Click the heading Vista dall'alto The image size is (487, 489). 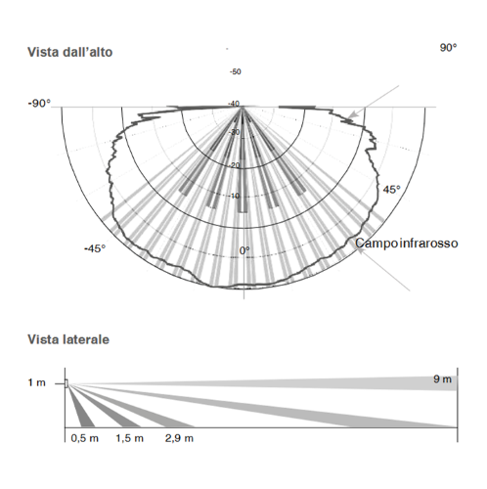pyautogui.click(x=70, y=52)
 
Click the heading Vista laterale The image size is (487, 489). pyautogui.click(x=68, y=339)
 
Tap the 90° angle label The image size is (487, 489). pyautogui.click(x=448, y=48)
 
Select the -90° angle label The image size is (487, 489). pyautogui.click(x=39, y=104)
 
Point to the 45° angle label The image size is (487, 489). pyautogui.click(x=391, y=190)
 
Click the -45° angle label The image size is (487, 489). pyautogui.click(x=95, y=248)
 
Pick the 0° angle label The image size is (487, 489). pyautogui.click(x=244, y=250)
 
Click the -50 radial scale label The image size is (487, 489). pyautogui.click(x=236, y=71)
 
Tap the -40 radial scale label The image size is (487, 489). pyautogui.click(x=234, y=104)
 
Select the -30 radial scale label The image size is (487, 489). pyautogui.click(x=234, y=132)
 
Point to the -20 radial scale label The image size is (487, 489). pyautogui.click(x=234, y=165)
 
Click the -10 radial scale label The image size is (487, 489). pyautogui.click(x=234, y=196)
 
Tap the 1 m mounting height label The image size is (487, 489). pyautogui.click(x=37, y=382)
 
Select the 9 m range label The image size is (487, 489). pyautogui.click(x=442, y=379)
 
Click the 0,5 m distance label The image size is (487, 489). pyautogui.click(x=84, y=438)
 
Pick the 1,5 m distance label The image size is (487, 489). pyautogui.click(x=129, y=438)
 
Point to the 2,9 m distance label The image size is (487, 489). pyautogui.click(x=179, y=438)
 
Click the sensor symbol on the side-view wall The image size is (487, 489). pyautogui.click(x=66, y=383)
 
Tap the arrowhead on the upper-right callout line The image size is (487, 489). pyautogui.click(x=352, y=115)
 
